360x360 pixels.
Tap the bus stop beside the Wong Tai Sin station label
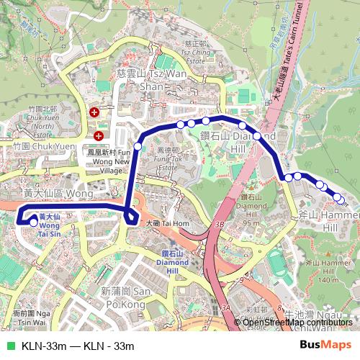[34, 222]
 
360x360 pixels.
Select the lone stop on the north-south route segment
[138, 147]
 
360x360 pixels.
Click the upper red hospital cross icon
[94, 113]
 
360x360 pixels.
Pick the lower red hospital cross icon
[98, 135]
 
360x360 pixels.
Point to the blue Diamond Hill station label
[174, 258]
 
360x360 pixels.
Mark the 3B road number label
[219, 224]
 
